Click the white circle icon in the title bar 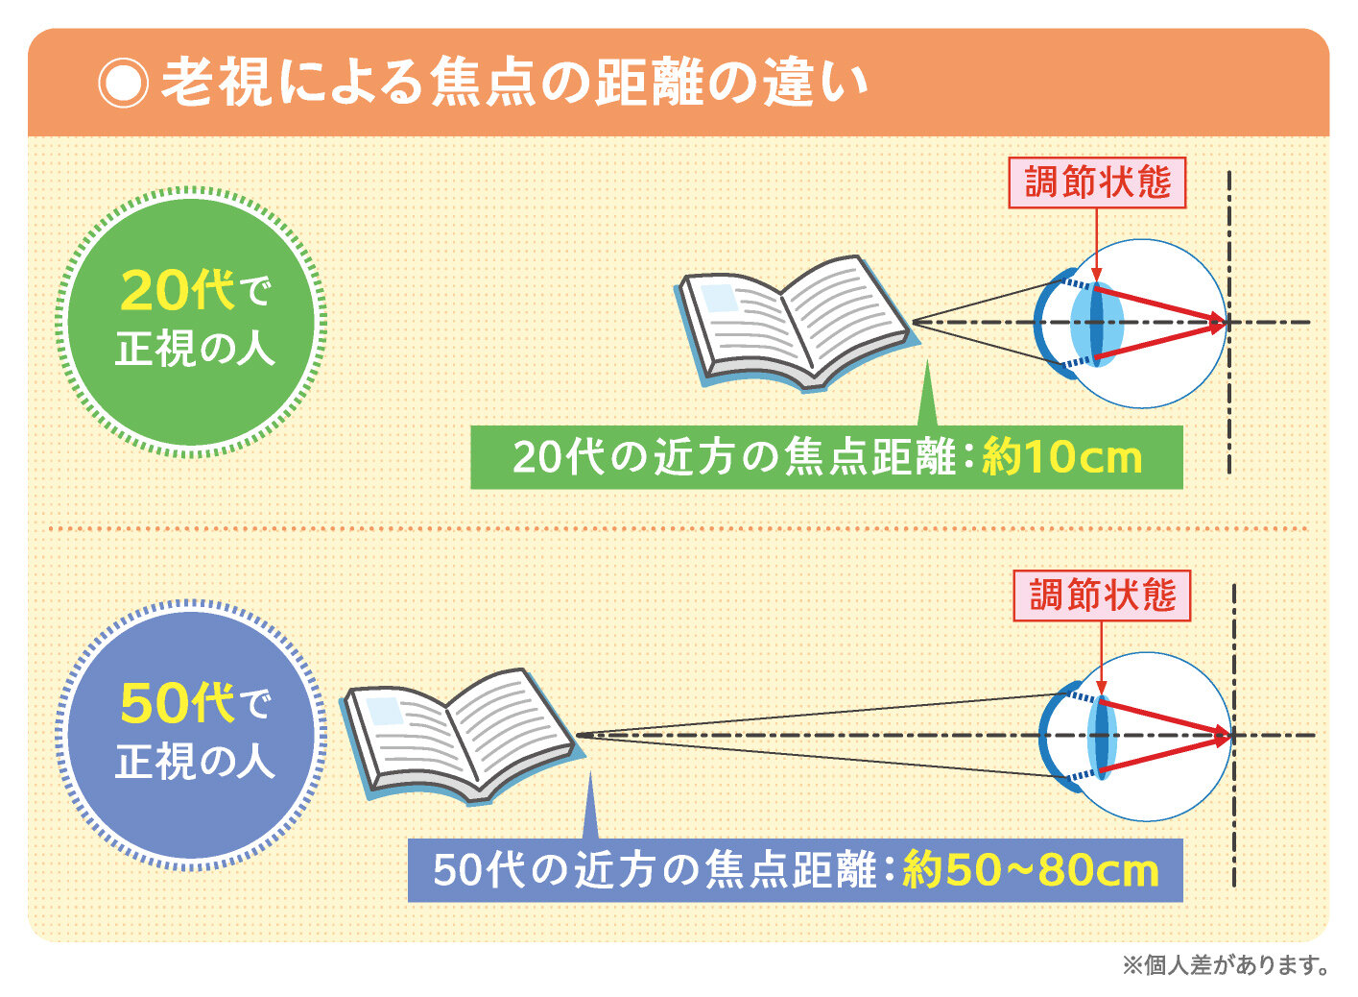click(123, 84)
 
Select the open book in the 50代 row click(461, 736)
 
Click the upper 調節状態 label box click(1097, 182)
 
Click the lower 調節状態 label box click(1102, 596)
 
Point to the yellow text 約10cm click(1061, 457)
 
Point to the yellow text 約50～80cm click(1030, 870)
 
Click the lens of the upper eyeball click(1097, 324)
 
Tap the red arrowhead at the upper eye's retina click(1219, 324)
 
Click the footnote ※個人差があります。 click(1226, 964)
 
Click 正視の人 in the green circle click(195, 349)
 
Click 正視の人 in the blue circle click(195, 762)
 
